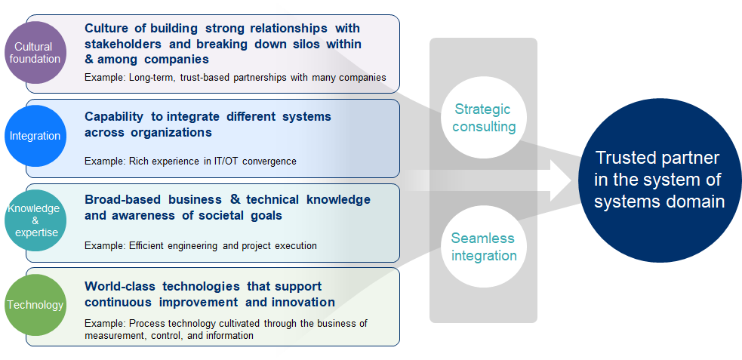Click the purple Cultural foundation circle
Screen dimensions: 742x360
[35, 53]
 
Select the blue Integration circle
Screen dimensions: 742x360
[35, 136]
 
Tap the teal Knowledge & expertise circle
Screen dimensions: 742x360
[35, 220]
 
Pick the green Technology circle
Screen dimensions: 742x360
[35, 305]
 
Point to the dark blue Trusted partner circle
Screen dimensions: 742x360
[660, 180]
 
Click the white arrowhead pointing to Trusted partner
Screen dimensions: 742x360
[562, 180]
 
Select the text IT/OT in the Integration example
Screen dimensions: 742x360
[229, 162]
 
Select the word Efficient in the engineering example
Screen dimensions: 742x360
[146, 246]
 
